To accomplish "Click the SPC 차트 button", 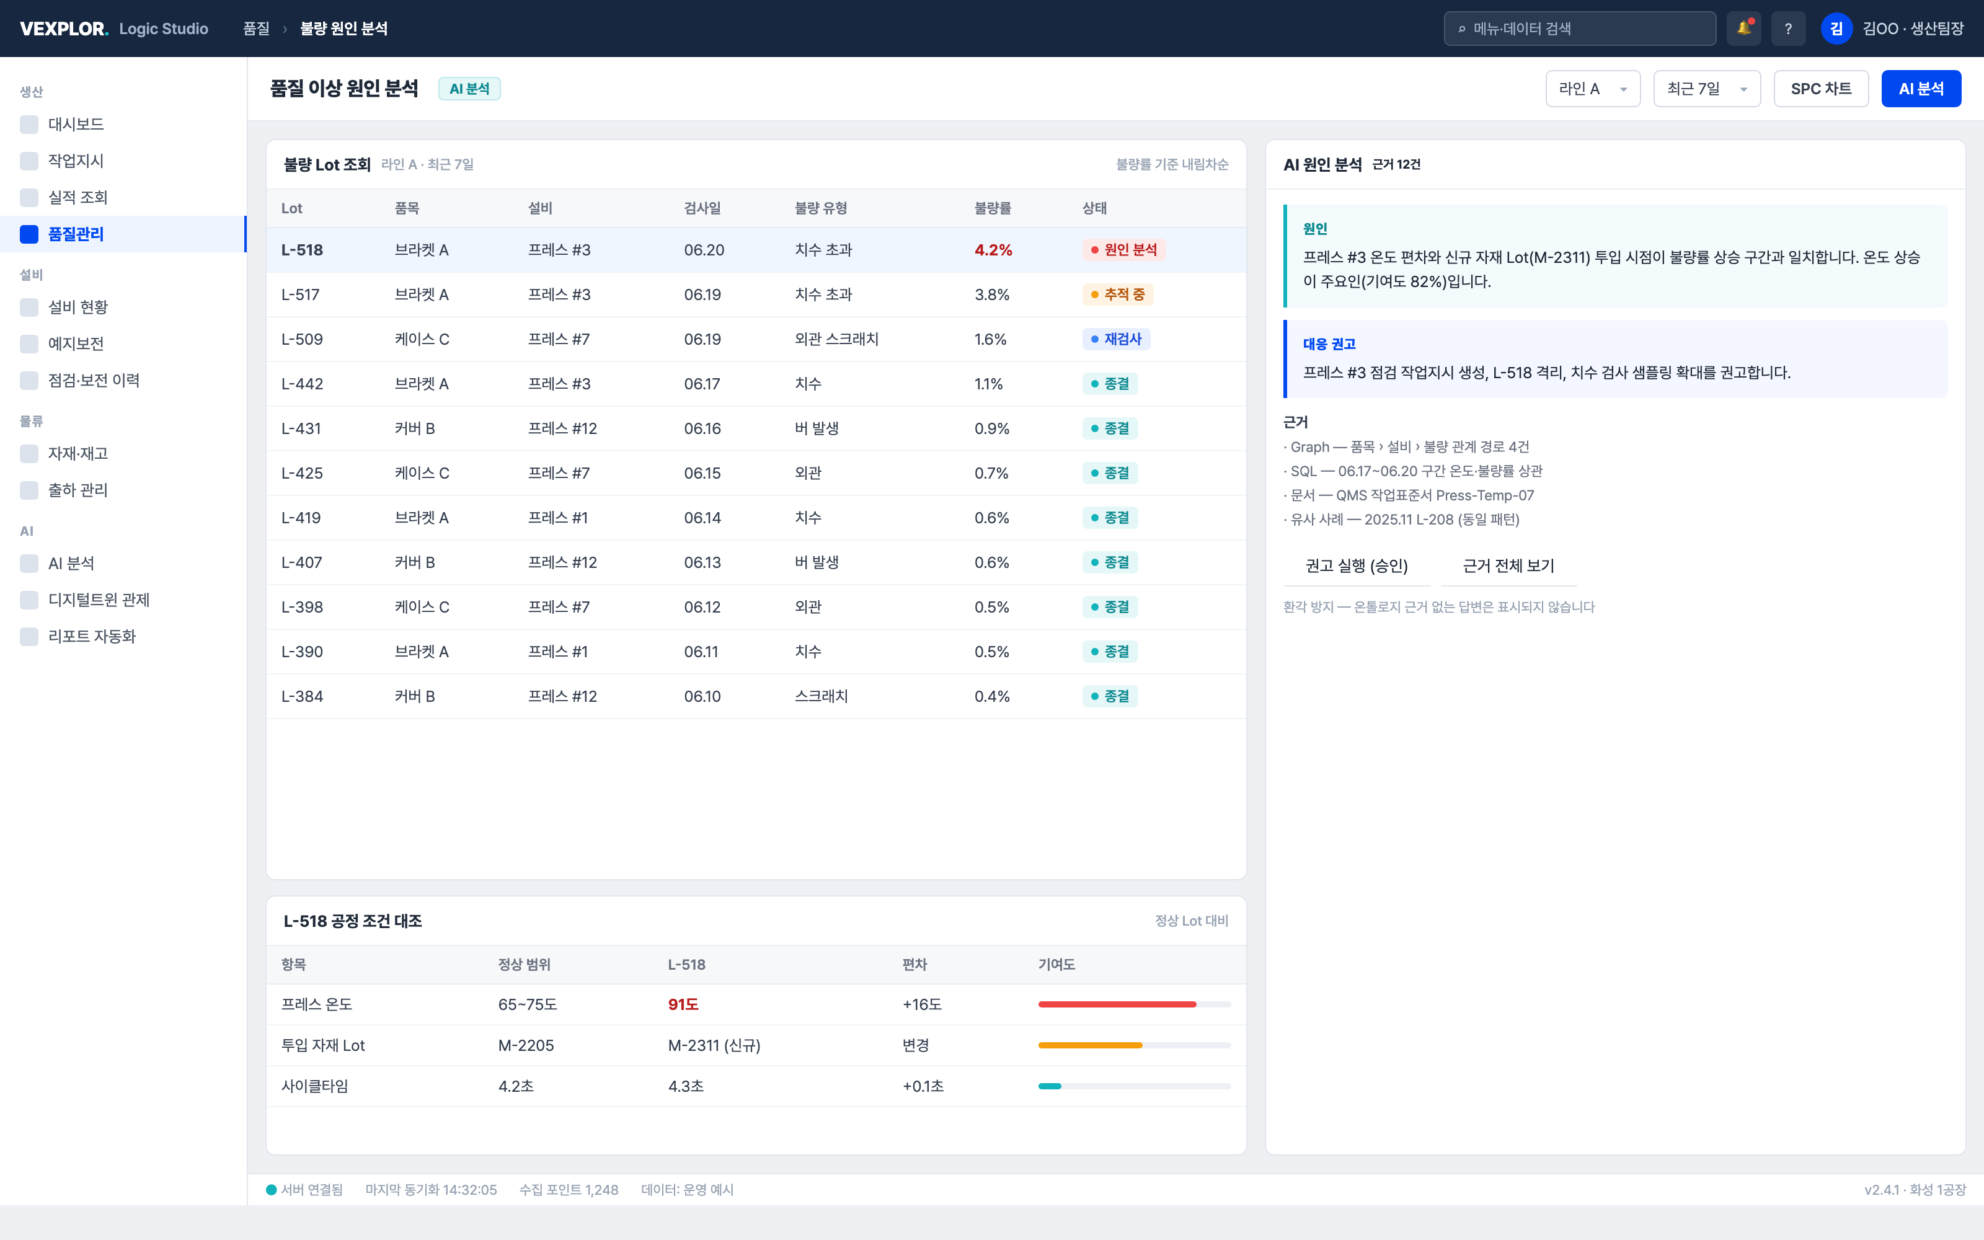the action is pyautogui.click(x=1820, y=89).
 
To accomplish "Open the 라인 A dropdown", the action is pyautogui.click(x=1592, y=89).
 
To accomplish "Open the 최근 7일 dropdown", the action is pyautogui.click(x=1706, y=89).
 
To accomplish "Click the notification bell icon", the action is pyautogui.click(x=1743, y=29).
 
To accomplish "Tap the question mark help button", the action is pyautogui.click(x=1788, y=29).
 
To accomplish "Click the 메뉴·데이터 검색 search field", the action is pyautogui.click(x=1579, y=29).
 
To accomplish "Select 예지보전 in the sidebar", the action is pyautogui.click(x=76, y=343).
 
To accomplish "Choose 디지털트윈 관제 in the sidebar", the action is pyautogui.click(x=99, y=600).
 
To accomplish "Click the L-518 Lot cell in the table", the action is pyautogui.click(x=302, y=250).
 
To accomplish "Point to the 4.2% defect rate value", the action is pyautogui.click(x=993, y=250).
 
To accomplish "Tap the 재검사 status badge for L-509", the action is pyautogui.click(x=1116, y=339).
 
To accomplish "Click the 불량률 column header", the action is pyautogui.click(x=992, y=208).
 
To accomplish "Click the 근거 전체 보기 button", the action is pyautogui.click(x=1508, y=566).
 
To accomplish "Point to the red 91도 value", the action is pyautogui.click(x=683, y=1004).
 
